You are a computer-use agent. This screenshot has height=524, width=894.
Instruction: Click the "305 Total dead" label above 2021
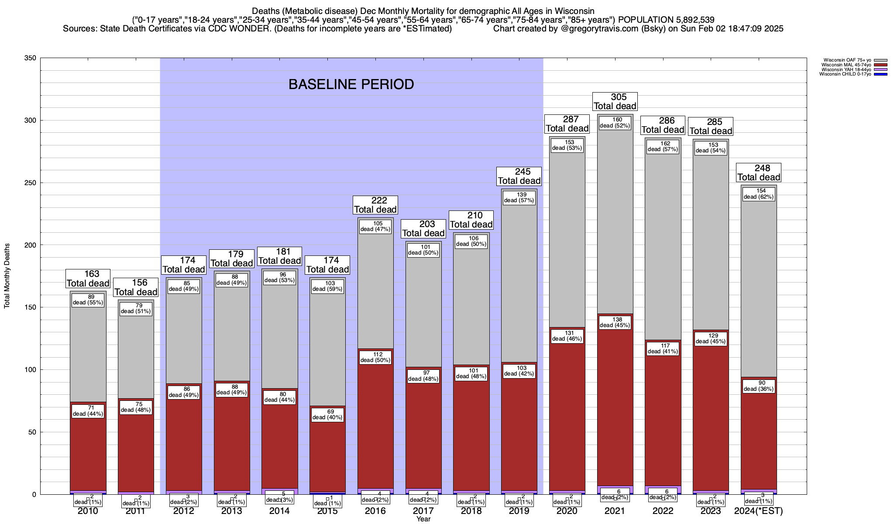pos(615,101)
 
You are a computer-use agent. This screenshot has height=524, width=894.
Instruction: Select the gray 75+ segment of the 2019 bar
pos(519,279)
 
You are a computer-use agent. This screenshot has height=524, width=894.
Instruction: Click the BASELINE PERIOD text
pos(351,84)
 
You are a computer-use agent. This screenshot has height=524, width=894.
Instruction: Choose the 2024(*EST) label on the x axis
pos(759,511)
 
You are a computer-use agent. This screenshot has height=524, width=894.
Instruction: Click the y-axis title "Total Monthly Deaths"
pos(7,276)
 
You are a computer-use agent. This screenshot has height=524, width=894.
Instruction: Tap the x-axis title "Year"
pos(423,519)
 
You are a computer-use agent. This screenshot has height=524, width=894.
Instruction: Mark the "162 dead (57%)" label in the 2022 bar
pos(663,146)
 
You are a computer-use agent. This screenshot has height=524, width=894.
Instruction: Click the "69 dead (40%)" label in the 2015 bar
pos(328,414)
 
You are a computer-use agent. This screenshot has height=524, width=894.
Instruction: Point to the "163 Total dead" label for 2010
pos(88,279)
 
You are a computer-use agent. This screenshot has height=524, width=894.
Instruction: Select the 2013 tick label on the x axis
pos(232,511)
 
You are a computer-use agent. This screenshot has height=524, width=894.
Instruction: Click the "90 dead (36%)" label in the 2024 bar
pos(759,386)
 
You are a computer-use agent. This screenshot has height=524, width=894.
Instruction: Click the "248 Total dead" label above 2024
pos(759,172)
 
